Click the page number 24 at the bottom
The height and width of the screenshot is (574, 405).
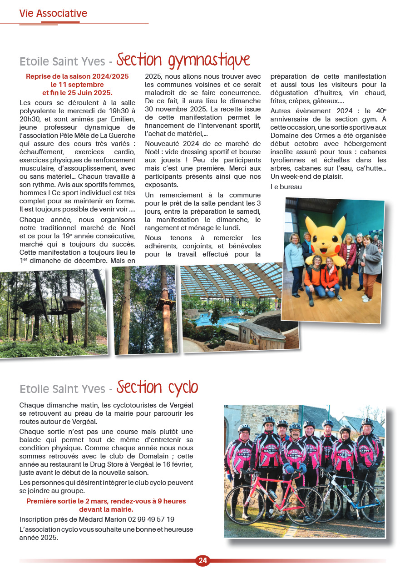coord(202,561)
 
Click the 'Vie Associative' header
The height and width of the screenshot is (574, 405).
coord(53,14)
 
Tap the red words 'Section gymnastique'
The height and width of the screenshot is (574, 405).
coord(183,60)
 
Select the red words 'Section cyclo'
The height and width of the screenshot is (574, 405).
coord(157,388)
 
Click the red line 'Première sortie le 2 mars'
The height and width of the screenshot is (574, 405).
coord(106,501)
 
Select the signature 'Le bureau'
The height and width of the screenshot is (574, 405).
coord(286,186)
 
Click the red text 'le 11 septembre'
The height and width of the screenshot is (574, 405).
coord(77,84)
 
